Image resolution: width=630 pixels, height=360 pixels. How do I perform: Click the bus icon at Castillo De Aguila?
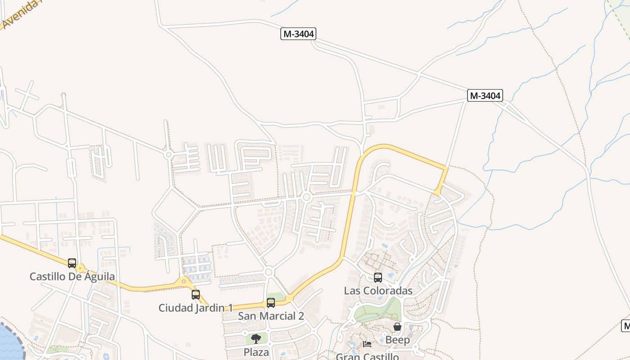coord(72,263)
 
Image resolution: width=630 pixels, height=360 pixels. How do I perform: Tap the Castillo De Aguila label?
coord(72,276)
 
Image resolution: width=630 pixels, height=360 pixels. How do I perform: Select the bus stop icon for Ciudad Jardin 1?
coord(196,295)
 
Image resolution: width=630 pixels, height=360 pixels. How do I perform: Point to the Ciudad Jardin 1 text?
coord(195,308)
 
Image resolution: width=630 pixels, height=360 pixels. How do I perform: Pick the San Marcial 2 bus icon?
coord(271,303)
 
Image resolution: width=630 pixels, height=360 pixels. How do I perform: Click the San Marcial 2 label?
coord(271,316)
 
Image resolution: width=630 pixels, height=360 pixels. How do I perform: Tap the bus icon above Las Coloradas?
coord(378,278)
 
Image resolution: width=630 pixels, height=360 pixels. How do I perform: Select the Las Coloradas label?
coord(378,291)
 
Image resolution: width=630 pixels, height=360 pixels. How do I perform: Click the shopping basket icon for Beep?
coord(397,327)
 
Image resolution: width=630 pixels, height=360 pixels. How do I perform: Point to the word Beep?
coord(397,340)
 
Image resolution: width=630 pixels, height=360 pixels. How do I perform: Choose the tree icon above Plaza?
coord(256,339)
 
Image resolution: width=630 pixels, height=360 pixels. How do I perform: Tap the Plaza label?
coord(256,352)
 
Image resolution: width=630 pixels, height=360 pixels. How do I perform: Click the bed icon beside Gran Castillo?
coord(367,344)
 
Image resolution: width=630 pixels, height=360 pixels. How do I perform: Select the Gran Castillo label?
coord(367,356)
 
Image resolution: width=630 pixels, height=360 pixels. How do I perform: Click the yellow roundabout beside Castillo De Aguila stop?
coord(81,269)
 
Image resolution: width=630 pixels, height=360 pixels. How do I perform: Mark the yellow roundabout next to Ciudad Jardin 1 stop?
coord(184,282)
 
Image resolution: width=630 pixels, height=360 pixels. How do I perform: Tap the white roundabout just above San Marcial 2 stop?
coord(269,272)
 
